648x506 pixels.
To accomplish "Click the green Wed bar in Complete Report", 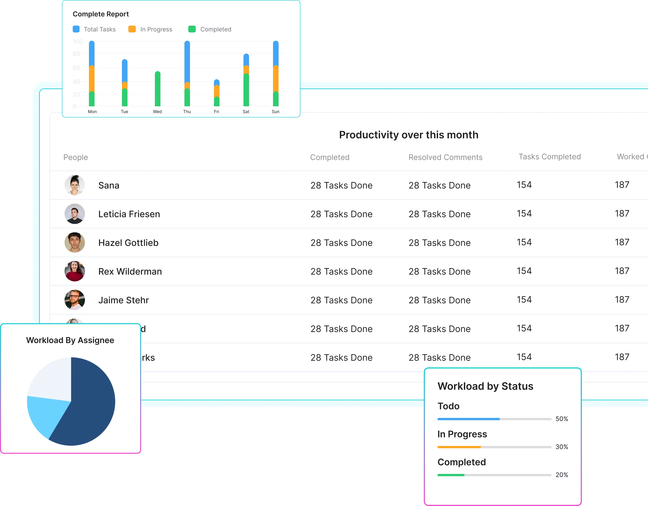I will pos(158,89).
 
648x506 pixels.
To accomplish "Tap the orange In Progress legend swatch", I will pos(132,29).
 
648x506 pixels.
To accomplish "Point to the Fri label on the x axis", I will pos(216,112).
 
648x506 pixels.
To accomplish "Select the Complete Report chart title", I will pos(101,14).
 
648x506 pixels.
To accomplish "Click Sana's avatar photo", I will pos(75,185).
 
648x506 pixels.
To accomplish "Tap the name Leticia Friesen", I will pos(129,214).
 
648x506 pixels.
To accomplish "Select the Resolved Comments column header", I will pos(445,157).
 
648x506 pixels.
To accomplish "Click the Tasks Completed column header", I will pos(549,157).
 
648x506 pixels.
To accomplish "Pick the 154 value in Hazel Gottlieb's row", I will pos(524,242).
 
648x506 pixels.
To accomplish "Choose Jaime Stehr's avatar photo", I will pos(75,300).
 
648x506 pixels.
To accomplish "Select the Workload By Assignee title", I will pos(70,340).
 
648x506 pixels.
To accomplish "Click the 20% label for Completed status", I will pos(562,475).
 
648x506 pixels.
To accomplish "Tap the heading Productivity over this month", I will pos(409,135).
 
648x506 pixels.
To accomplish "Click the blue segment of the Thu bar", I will pos(187,61).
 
